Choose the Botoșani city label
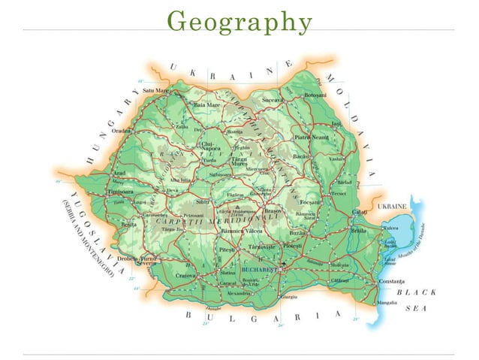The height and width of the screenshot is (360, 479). click(x=315, y=95)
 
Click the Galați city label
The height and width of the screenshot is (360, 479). click(x=360, y=213)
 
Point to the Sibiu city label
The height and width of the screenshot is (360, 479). click(x=202, y=201)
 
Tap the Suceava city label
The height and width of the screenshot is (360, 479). click(x=272, y=99)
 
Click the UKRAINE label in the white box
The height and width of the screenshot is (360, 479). click(x=391, y=205)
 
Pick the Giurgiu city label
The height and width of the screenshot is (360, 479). click(x=288, y=298)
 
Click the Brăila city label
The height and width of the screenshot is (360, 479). click(x=360, y=231)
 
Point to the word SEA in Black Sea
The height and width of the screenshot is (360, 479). click(x=417, y=309)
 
